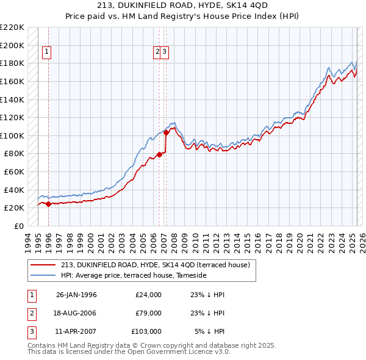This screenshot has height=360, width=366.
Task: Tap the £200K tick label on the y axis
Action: pyautogui.click(x=12, y=45)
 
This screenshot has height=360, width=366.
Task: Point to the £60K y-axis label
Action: pyautogui.click(x=14, y=171)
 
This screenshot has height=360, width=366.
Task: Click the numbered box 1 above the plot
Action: pyautogui.click(x=47, y=52)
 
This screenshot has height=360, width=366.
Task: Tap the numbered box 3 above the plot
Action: pyautogui.click(x=165, y=52)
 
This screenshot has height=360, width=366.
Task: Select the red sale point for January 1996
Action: pyautogui.click(x=48, y=204)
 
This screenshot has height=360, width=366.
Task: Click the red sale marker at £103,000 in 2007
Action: pyautogui.click(x=166, y=132)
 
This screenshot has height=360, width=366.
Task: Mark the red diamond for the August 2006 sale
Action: pyautogui.click(x=159, y=154)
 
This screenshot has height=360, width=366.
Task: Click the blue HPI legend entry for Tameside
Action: pyautogui.click(x=134, y=276)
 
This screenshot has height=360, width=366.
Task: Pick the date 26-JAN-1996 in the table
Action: pyautogui.click(x=76, y=295)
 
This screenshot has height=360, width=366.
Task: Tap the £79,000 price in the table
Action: pyautogui.click(x=148, y=313)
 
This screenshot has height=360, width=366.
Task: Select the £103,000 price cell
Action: pyautogui.click(x=146, y=331)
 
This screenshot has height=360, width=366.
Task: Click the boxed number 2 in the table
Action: pyautogui.click(x=30, y=313)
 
